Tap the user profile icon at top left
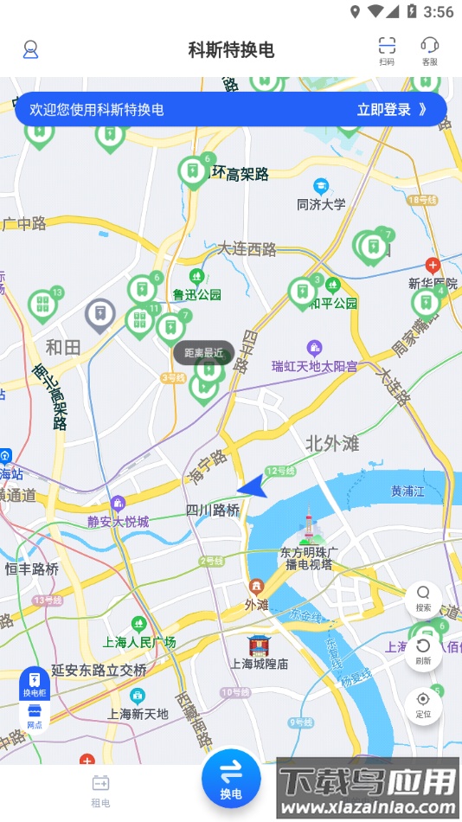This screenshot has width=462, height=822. [x=31, y=49]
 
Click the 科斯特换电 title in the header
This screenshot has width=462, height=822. [x=231, y=50]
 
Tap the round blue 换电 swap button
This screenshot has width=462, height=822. [x=231, y=779]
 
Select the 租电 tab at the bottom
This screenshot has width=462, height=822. [x=101, y=790]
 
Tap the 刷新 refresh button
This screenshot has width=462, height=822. [x=423, y=652]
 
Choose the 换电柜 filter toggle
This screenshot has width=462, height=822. [x=34, y=684]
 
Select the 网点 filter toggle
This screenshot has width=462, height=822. [x=34, y=716]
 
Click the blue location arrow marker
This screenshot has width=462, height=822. [x=252, y=487]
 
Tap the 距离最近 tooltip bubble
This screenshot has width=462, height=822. [x=203, y=352]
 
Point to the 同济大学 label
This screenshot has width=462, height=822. [x=321, y=204]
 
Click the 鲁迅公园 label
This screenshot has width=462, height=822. [x=196, y=294]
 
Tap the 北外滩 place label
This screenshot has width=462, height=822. [x=331, y=444]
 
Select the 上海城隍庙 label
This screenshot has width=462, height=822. [x=259, y=664]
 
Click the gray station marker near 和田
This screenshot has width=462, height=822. [x=100, y=316]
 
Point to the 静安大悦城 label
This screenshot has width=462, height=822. [x=119, y=521]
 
